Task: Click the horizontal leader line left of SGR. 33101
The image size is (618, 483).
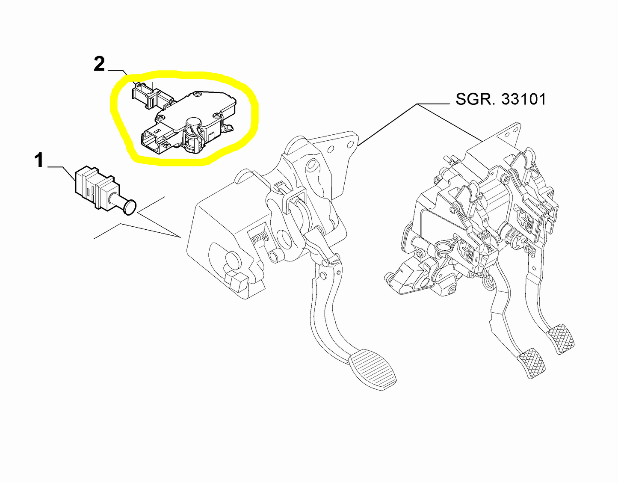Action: [434, 104]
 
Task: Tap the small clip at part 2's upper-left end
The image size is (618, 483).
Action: [139, 91]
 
